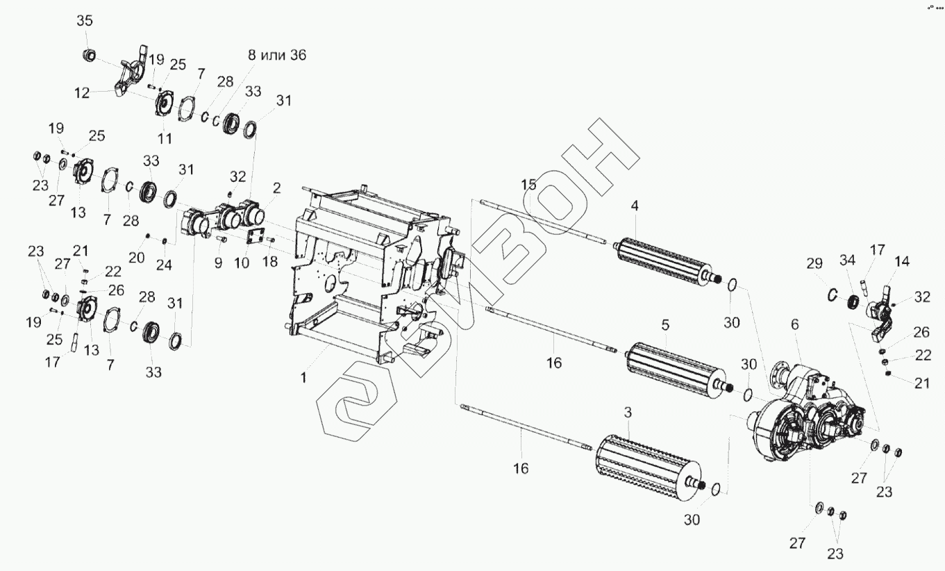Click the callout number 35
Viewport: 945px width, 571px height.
pos(84,21)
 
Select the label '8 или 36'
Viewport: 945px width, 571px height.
pos(277,56)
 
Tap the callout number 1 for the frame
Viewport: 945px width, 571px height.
pos(303,378)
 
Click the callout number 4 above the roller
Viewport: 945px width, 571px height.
pos(634,206)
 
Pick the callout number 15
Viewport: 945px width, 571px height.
pos(530,185)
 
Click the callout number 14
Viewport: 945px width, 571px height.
pos(901,261)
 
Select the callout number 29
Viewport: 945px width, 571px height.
pos(814,263)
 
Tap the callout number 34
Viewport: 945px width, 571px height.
pos(847,261)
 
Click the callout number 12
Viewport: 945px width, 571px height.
pos(83,93)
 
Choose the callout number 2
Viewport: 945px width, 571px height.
pos(276,188)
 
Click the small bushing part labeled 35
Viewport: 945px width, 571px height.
pos(89,54)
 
